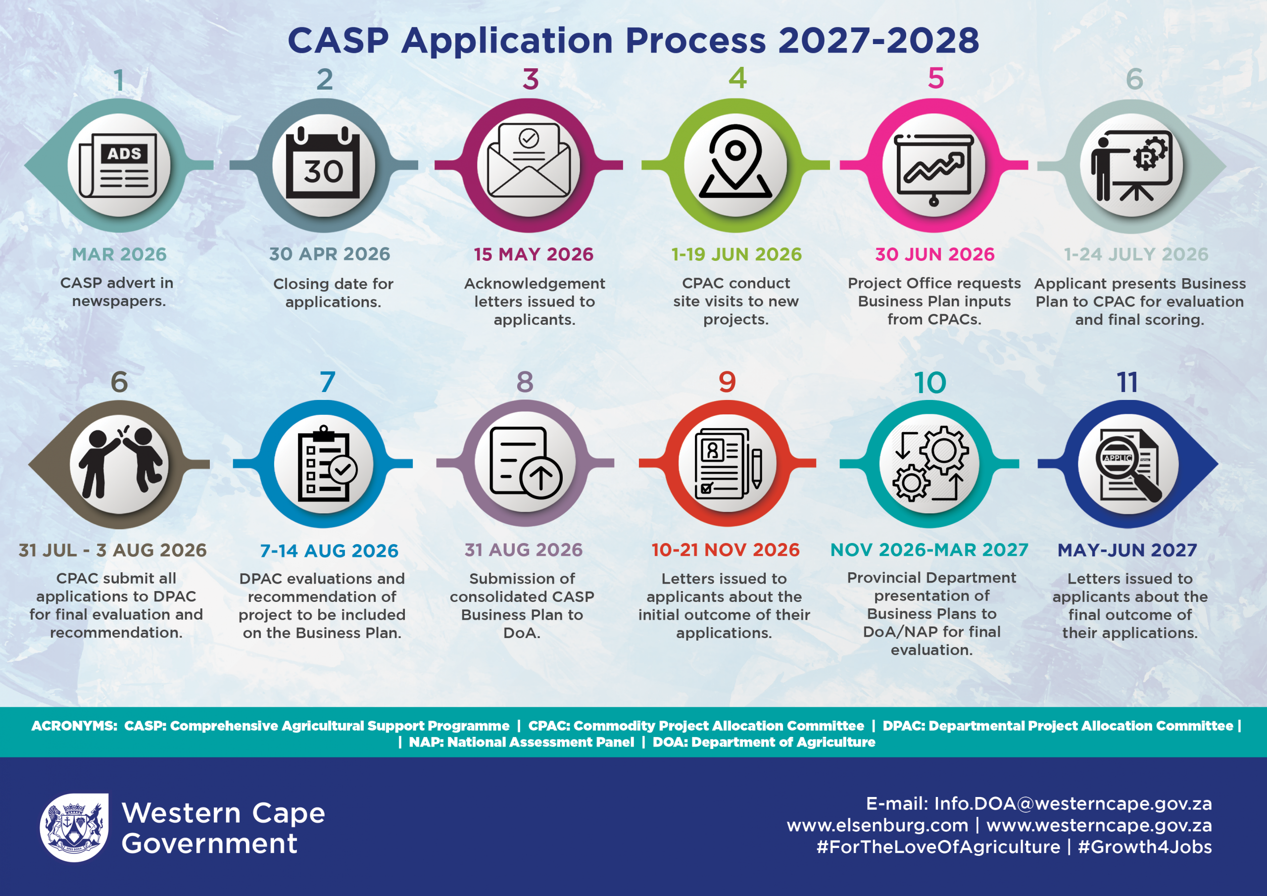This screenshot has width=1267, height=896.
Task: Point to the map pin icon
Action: pyautogui.click(x=735, y=161)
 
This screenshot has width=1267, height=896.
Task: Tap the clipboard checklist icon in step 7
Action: pyautogui.click(x=326, y=464)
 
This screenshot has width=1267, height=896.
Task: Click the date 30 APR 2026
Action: pyautogui.click(x=330, y=254)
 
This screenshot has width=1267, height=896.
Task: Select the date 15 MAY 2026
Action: pyautogui.click(x=533, y=254)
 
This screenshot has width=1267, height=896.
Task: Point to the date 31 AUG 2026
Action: pyautogui.click(x=523, y=550)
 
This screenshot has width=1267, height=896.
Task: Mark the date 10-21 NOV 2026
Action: pyautogui.click(x=725, y=550)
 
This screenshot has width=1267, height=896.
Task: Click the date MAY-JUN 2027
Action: pyautogui.click(x=1127, y=550)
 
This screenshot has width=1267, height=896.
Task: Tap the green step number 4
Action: pyautogui.click(x=737, y=78)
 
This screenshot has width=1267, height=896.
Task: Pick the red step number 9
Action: pyautogui.click(x=728, y=382)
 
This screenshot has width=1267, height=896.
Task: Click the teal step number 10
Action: pyautogui.click(x=930, y=383)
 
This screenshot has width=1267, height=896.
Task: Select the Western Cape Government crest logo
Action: pyautogui.click(x=74, y=828)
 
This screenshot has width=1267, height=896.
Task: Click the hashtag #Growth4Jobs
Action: pyautogui.click(x=1145, y=847)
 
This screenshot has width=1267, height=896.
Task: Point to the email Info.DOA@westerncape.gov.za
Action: pyautogui.click(x=1073, y=804)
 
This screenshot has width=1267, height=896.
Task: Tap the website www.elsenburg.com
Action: pyautogui.click(x=877, y=825)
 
